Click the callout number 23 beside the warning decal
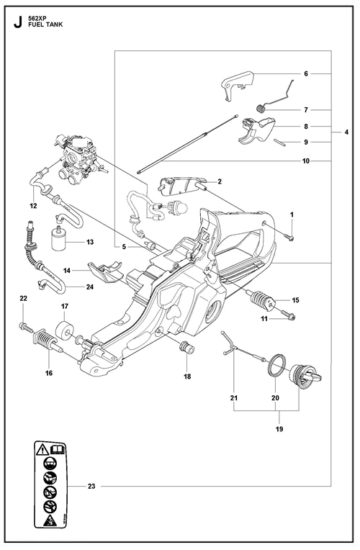[x=91, y=486]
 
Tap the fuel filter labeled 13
[x=60, y=240]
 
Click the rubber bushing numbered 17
[x=66, y=330]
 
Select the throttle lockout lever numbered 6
[x=237, y=85]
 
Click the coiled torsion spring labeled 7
[x=261, y=109]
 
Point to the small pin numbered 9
[x=280, y=142]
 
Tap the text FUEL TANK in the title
[x=45, y=25]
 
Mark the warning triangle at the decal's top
[x=42, y=449]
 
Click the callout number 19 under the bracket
[x=279, y=428]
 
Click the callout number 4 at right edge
[x=346, y=132]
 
